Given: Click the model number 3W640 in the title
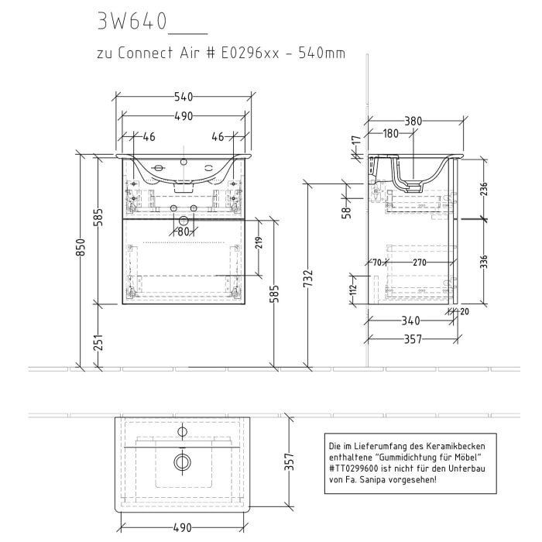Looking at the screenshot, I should pos(132,22).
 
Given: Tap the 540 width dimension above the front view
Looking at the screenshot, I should pos(184,97).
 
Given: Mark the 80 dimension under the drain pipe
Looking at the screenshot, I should pos(184,231).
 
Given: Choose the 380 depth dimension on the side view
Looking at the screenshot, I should pos(413,121).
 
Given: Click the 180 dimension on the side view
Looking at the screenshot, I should pos(391,134).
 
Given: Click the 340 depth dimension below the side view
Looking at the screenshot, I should pos(410,321).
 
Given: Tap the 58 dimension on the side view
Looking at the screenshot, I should pos(347,210).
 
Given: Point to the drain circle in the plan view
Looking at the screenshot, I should pos(183,462).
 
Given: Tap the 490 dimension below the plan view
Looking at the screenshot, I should pos(183,527).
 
